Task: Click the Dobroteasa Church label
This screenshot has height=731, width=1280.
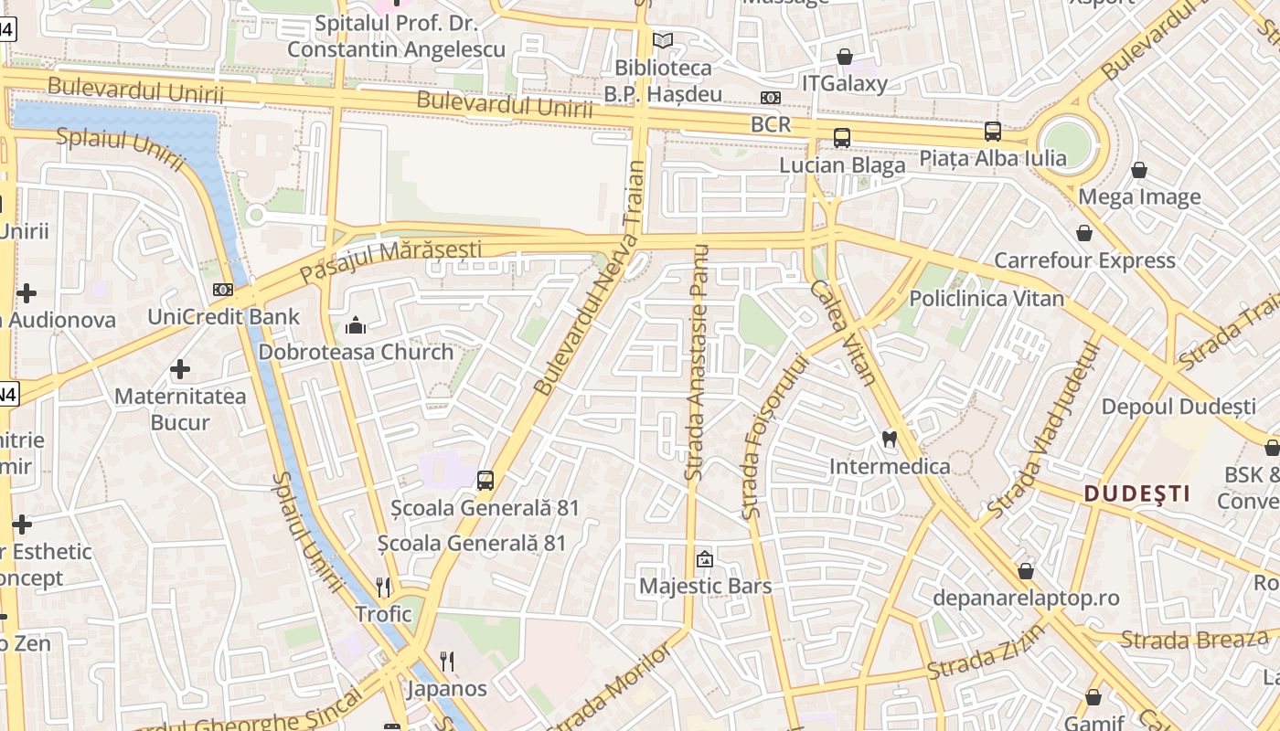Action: click(356, 352)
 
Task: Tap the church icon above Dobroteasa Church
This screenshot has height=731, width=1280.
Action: click(356, 325)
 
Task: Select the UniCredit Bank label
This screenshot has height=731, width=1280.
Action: click(224, 317)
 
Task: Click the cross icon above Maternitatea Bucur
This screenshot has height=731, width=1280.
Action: click(180, 369)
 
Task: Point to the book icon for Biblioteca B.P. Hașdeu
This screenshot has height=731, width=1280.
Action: click(663, 41)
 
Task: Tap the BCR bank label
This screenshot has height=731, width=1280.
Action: click(770, 124)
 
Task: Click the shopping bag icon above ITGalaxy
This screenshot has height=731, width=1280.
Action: click(845, 57)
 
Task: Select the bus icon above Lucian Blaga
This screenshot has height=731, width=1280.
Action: click(842, 138)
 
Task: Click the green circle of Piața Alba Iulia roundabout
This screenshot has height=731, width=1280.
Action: click(1068, 143)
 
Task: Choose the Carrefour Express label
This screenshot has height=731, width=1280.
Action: click(1084, 260)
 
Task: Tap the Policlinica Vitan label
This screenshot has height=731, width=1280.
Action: click(987, 299)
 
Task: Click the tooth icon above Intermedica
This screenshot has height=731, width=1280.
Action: click(888, 439)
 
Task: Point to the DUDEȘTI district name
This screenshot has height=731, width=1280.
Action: click(1137, 494)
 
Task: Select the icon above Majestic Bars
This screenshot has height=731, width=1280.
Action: click(705, 559)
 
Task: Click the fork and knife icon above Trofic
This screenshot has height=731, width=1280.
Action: click(383, 587)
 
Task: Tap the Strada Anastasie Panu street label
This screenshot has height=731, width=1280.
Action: click(699, 363)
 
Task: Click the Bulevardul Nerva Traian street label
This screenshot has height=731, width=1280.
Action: click(591, 279)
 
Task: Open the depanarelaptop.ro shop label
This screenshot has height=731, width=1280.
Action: click(1026, 599)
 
